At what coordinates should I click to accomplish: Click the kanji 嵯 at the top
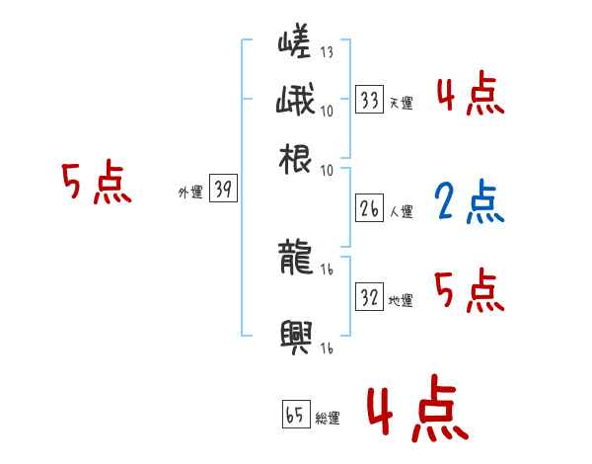pos(295,43)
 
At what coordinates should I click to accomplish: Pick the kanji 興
pos(296,336)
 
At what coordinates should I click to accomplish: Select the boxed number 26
pos(369,208)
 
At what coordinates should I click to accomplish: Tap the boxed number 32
pos(369,297)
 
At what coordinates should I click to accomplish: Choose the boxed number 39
pos(223,191)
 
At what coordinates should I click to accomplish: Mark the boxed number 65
pos(294,416)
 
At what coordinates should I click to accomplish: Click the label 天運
pos(400,103)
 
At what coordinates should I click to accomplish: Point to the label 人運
pos(401,211)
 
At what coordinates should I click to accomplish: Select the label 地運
pos(401,300)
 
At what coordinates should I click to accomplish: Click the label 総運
pos(327,419)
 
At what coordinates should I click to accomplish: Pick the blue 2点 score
pos(468,202)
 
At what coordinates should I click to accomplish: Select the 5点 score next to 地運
pos(469,290)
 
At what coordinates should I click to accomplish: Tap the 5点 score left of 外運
pos(96,184)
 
